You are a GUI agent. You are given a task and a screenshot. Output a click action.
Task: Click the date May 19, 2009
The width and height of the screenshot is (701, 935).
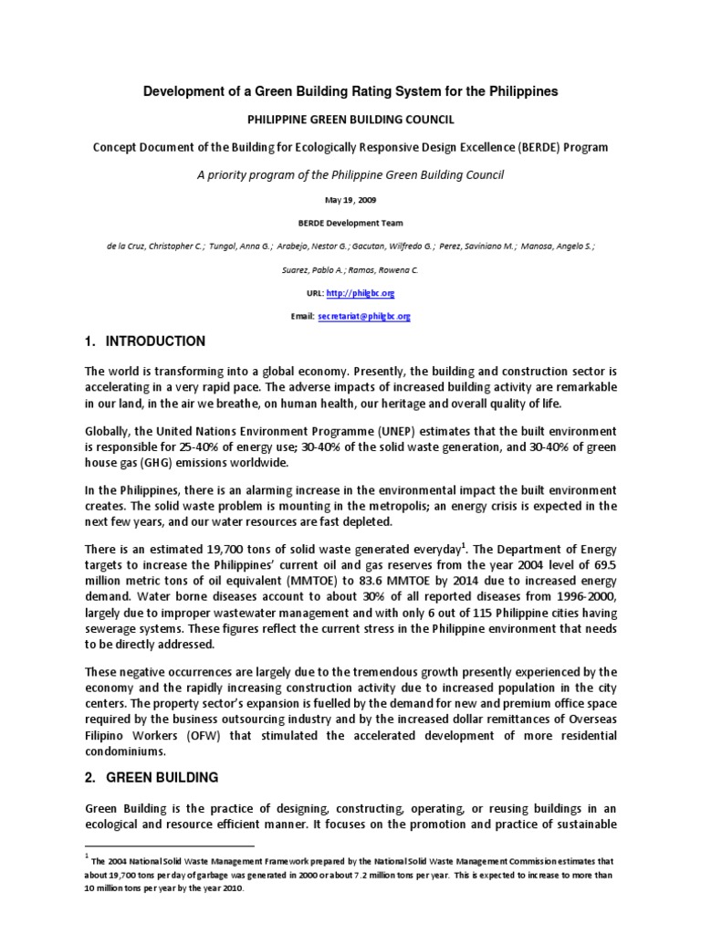tap(351, 200)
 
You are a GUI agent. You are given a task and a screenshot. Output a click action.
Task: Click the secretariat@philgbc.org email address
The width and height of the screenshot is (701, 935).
tap(364, 316)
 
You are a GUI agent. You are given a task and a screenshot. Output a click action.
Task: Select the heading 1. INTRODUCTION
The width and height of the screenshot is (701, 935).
tap(145, 341)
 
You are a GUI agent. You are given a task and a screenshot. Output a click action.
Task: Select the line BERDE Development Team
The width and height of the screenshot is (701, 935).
tap(351, 223)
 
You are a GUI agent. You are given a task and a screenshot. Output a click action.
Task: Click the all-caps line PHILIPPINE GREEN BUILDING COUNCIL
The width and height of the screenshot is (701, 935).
tap(351, 120)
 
